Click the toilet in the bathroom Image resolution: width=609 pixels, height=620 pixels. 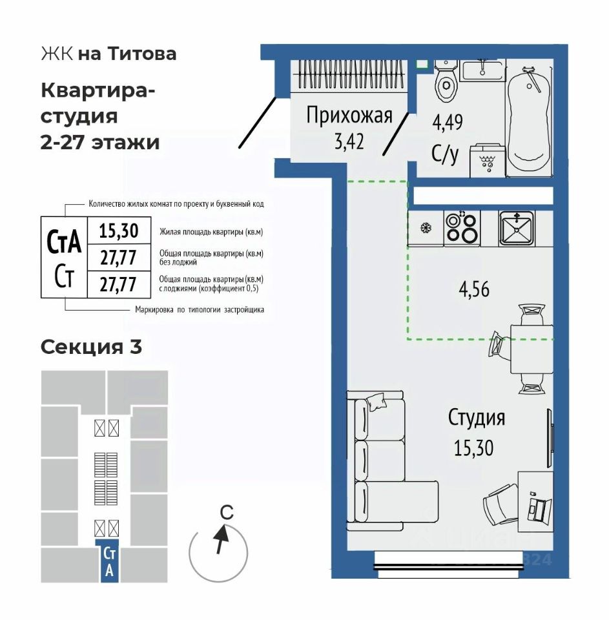446,81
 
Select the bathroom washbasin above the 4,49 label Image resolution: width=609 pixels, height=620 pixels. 483,70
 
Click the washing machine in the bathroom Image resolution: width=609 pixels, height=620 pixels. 488,161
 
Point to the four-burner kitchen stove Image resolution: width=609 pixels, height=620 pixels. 462,228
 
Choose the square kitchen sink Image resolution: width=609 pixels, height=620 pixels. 516,228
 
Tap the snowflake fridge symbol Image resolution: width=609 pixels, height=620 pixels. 426,228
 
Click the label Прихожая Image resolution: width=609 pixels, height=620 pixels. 349,116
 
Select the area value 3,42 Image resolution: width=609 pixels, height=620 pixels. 349,142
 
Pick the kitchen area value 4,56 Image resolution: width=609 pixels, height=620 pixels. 474,289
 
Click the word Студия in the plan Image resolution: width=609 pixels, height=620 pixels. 477,418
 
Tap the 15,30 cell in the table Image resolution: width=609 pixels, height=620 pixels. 119,231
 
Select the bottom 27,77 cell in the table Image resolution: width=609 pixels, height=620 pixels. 119,284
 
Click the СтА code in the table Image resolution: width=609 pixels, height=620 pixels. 64,242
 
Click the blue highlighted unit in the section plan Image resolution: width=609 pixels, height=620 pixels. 110,561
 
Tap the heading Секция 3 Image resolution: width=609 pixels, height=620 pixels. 91,347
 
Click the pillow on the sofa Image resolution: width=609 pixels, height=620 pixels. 377,402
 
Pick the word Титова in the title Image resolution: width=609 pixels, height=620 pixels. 142,54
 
